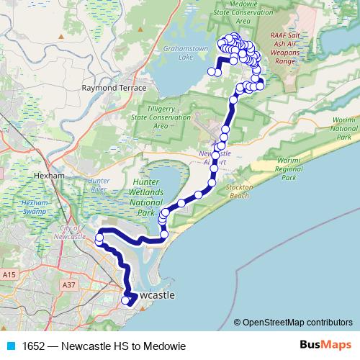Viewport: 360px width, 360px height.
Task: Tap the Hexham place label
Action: [x=49, y=175]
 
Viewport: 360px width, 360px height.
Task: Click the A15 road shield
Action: [x=9, y=275]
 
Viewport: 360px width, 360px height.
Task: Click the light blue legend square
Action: [x=9, y=346]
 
